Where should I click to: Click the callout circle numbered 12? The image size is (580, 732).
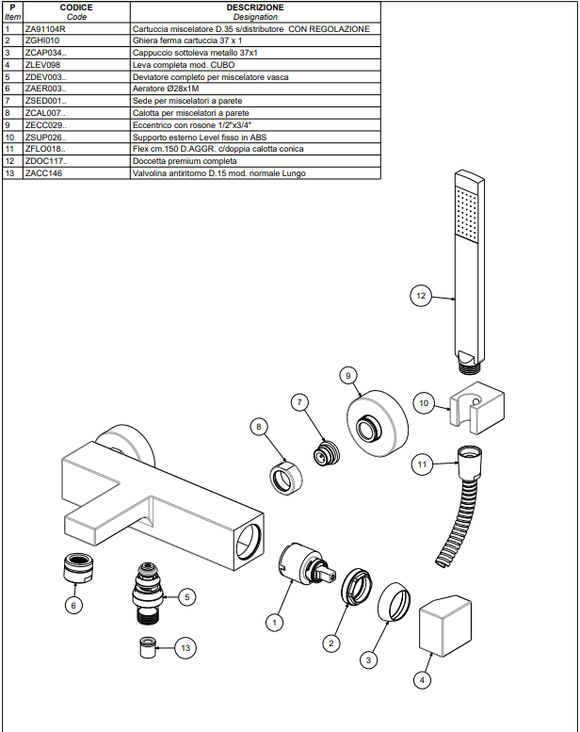421,296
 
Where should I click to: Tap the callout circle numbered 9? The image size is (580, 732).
348,375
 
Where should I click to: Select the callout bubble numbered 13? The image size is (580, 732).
185,648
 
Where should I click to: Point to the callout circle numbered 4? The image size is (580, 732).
422,680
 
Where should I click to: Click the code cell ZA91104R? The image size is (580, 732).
45,29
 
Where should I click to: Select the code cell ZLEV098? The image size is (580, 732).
42,65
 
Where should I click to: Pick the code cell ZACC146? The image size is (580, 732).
43,173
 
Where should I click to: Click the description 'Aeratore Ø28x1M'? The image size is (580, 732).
166,89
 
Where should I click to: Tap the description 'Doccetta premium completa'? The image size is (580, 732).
185,161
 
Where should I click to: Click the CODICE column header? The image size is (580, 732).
76,8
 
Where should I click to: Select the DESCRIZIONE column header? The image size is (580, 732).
255,8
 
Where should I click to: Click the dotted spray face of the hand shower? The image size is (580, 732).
467,215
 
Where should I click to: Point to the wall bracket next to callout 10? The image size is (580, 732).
476,408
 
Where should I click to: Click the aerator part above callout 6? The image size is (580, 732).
77,568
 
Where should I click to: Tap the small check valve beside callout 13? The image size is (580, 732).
148,647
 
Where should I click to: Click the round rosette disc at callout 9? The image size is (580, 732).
377,423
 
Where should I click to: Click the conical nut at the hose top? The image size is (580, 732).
470,463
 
